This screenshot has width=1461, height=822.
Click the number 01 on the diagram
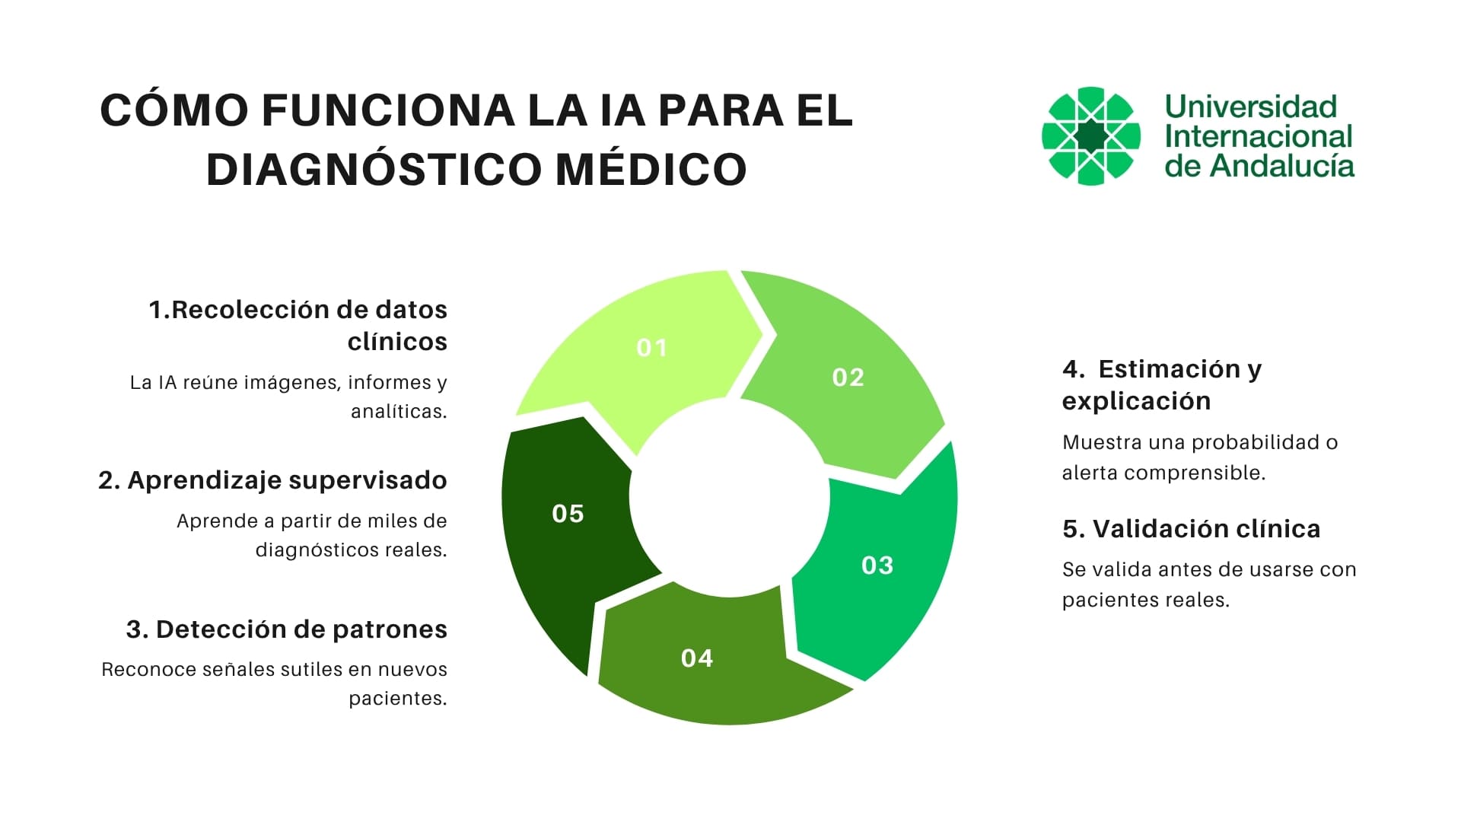pyautogui.click(x=651, y=348)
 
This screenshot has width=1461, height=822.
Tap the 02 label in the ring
pyautogui.click(x=848, y=378)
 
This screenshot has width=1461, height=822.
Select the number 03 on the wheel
pyautogui.click(x=877, y=566)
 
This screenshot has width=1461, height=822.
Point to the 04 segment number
pyautogui.click(x=696, y=658)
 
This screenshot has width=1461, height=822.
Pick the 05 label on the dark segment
pyautogui.click(x=568, y=514)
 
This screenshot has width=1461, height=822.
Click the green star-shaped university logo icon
pyautogui.click(x=1090, y=136)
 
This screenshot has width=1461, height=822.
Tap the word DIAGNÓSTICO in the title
pyautogui.click(x=373, y=169)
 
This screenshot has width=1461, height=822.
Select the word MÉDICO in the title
pyautogui.click(x=651, y=169)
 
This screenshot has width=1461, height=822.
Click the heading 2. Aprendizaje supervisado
pyautogui.click(x=272, y=480)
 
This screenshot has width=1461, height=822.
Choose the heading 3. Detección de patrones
pyautogui.click(x=286, y=629)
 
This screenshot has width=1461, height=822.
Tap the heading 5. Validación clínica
pyautogui.click(x=1191, y=529)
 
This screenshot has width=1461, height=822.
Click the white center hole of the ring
pyautogui.click(x=728, y=497)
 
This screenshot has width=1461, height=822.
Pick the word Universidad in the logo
pyautogui.click(x=1250, y=107)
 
